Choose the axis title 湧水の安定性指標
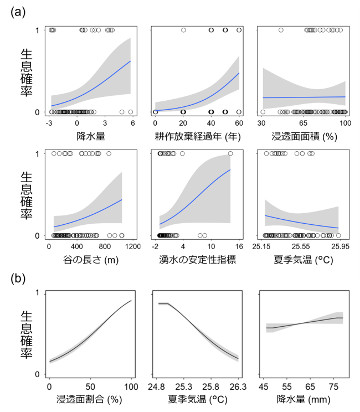[197, 260]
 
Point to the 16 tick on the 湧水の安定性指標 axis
[239, 246]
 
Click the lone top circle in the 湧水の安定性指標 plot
[230, 153]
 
